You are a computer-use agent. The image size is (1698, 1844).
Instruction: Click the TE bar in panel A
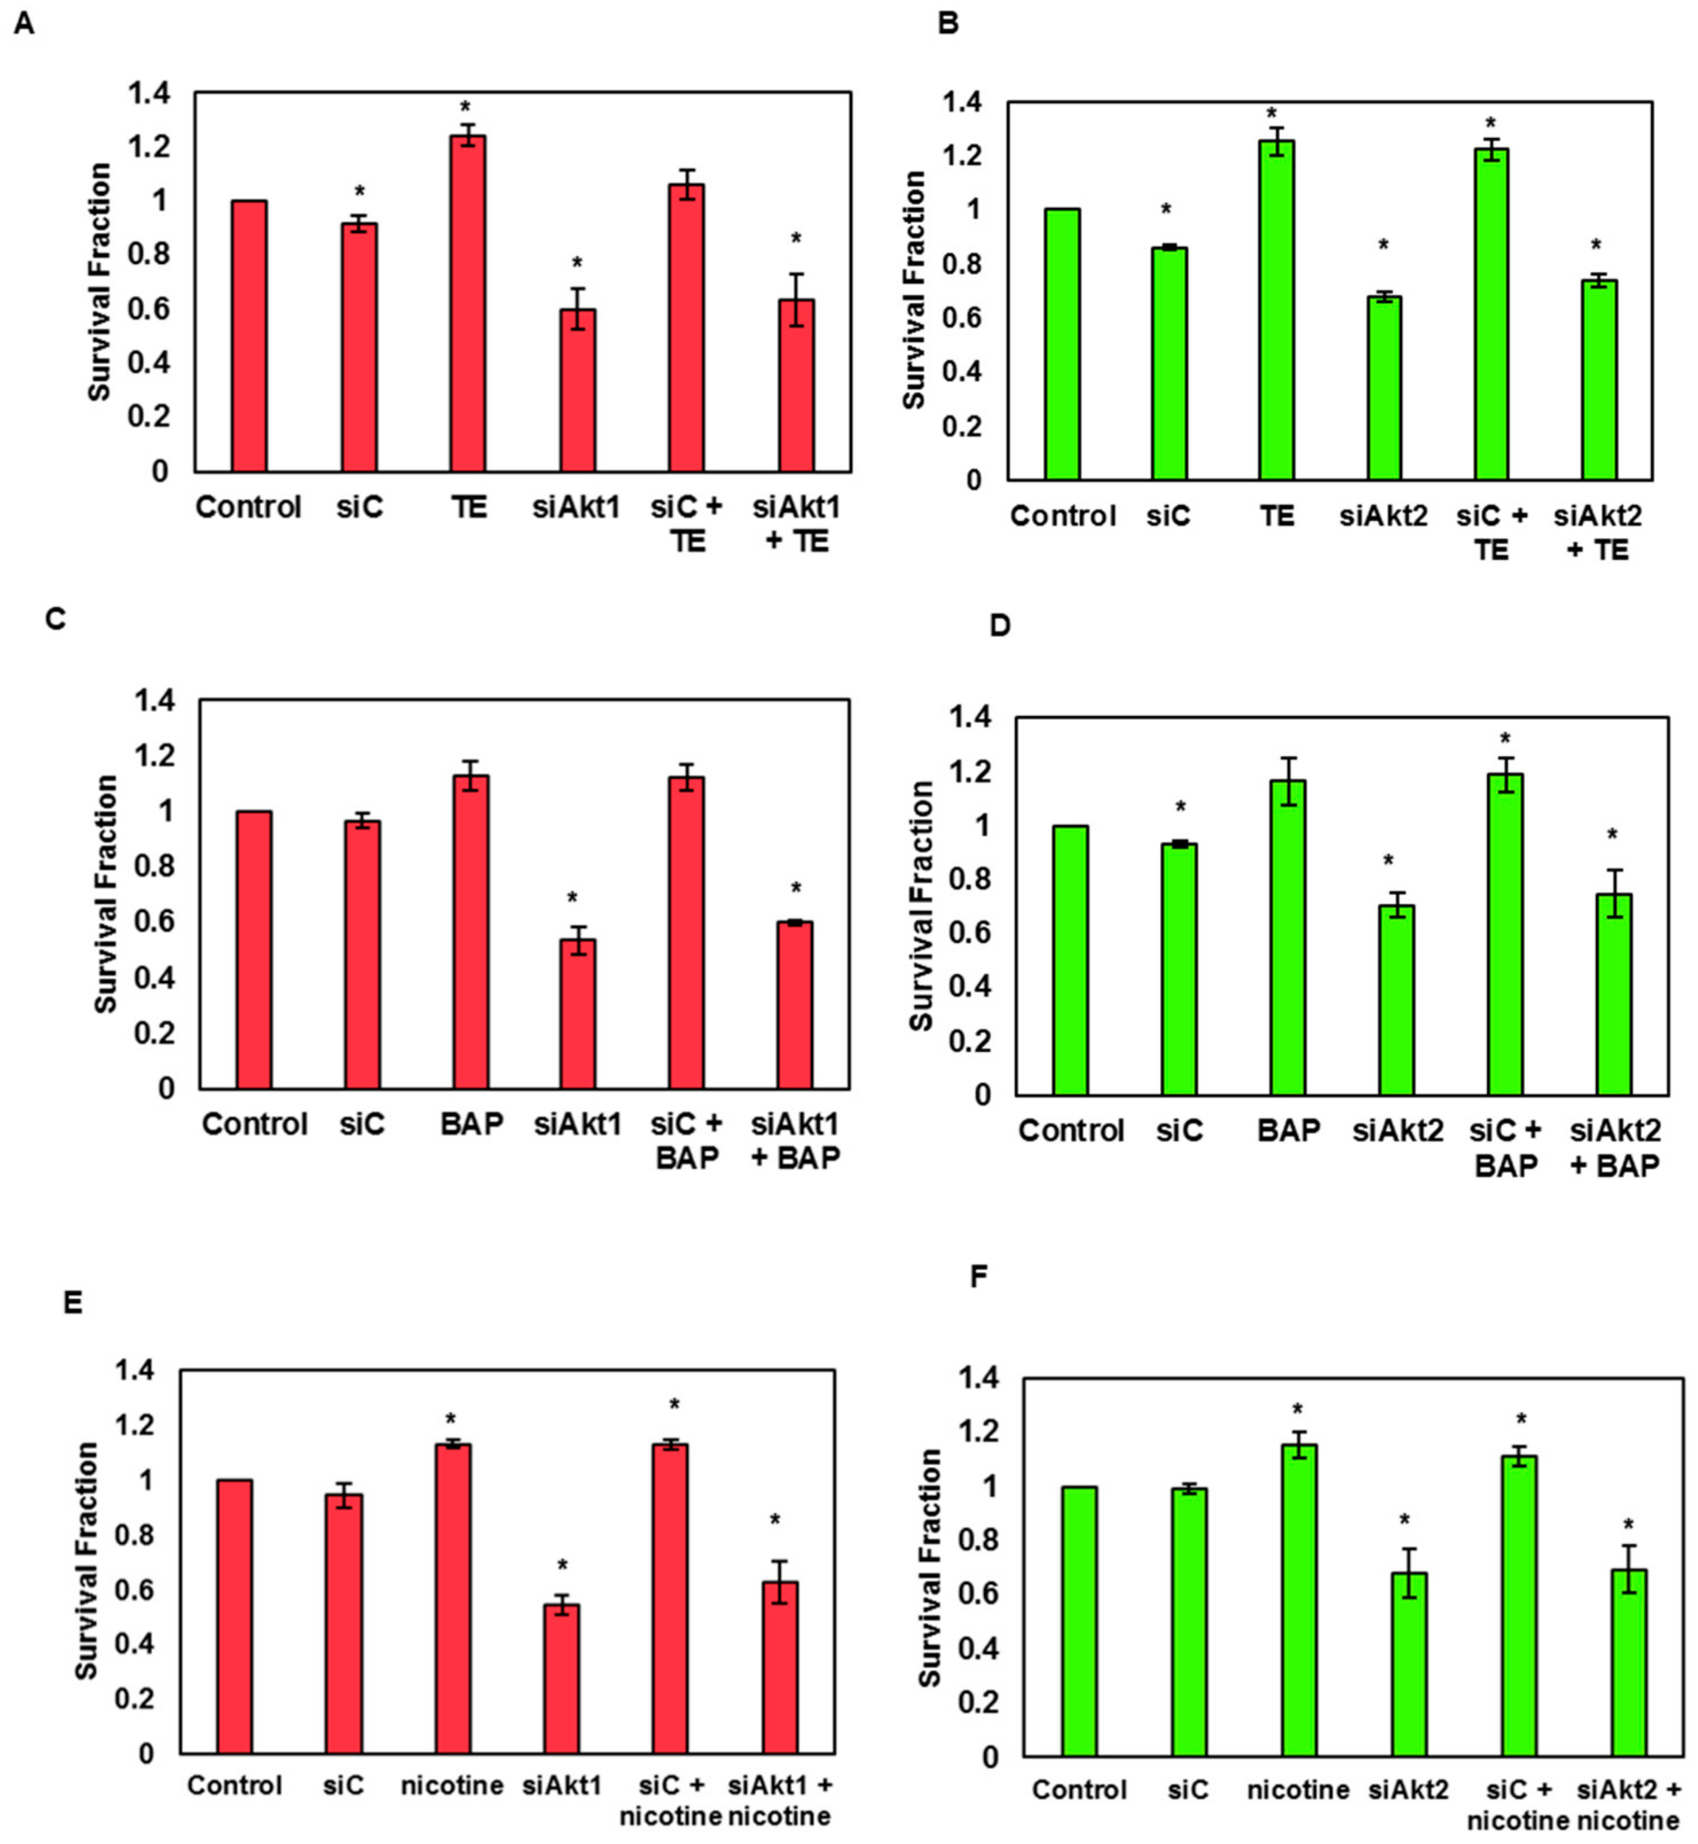[x=468, y=303]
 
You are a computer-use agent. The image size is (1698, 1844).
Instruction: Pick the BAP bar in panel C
[x=470, y=932]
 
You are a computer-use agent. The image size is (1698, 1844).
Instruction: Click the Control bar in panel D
[x=1071, y=960]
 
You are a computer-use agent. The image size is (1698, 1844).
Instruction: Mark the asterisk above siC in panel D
[x=1181, y=808]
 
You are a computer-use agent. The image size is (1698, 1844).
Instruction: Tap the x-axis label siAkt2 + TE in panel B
[x=1597, y=533]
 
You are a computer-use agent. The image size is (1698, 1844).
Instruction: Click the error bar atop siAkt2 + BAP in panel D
[x=1615, y=893]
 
